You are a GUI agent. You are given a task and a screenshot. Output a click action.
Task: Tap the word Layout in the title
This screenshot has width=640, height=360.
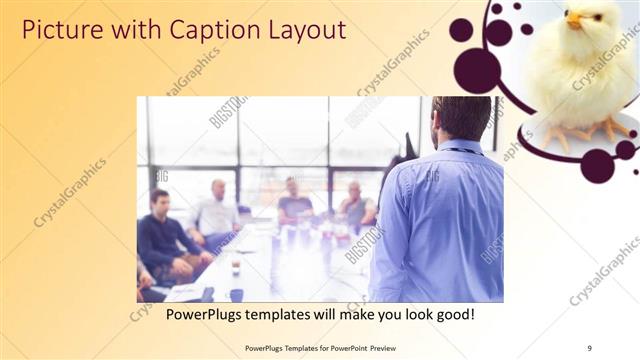[x=296, y=30]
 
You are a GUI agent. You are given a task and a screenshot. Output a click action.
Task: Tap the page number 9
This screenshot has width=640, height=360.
[x=589, y=348]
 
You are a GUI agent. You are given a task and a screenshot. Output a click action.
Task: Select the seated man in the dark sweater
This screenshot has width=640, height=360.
[x=161, y=239]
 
